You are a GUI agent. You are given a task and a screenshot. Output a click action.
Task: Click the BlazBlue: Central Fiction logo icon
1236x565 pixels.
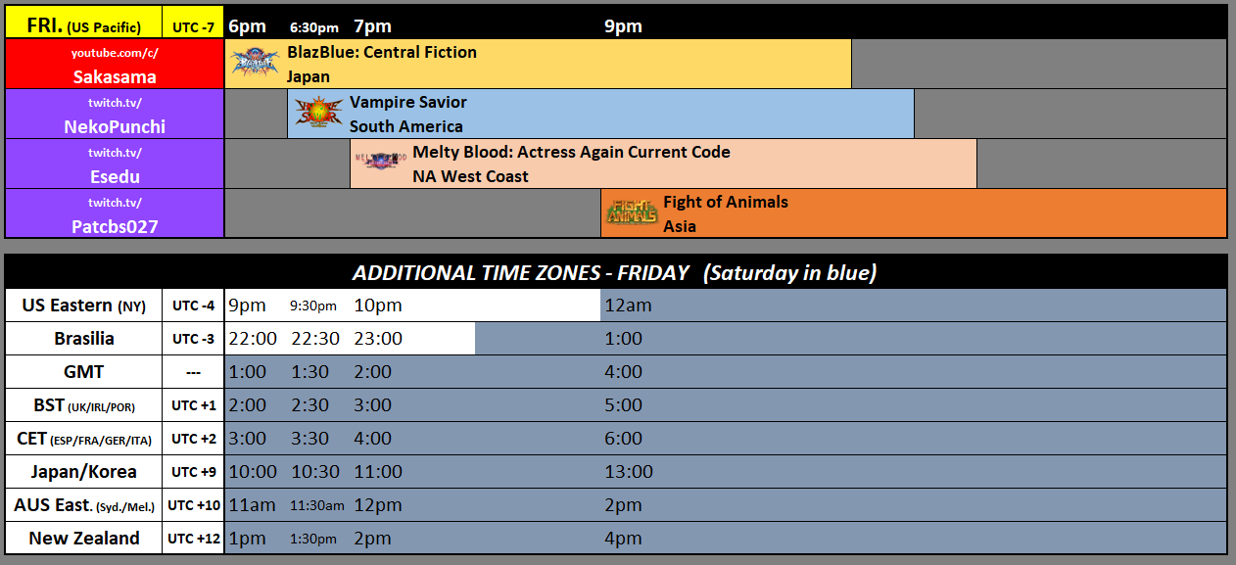click(256, 64)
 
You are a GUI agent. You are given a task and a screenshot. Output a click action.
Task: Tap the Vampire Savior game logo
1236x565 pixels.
click(319, 114)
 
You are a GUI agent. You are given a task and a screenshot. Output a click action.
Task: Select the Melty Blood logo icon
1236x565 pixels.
click(381, 163)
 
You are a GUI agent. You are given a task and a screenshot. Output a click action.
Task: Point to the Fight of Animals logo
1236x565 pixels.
click(632, 212)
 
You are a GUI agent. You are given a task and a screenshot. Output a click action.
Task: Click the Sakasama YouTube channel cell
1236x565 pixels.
click(115, 64)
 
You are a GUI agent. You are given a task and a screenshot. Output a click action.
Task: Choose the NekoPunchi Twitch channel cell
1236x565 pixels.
click(115, 114)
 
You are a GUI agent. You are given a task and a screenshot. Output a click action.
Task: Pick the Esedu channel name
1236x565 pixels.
click(115, 176)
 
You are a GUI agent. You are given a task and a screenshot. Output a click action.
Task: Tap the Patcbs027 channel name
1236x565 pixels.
click(115, 226)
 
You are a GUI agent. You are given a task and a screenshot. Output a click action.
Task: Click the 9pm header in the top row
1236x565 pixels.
click(623, 26)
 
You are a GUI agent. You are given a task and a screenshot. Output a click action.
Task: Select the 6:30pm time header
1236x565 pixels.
click(314, 27)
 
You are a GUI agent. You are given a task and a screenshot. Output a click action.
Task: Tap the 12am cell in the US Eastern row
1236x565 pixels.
click(628, 306)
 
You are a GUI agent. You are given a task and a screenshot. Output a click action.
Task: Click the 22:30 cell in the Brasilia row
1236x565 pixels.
click(314, 339)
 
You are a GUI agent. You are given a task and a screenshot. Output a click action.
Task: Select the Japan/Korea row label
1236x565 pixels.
click(83, 472)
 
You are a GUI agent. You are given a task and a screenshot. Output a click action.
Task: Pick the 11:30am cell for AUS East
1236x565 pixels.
click(317, 505)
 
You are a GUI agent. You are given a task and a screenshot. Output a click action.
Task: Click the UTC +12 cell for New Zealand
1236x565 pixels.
click(193, 539)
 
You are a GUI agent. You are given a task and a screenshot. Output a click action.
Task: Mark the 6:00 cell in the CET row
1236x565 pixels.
click(624, 439)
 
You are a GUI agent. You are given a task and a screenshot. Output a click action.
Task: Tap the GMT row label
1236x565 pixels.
click(83, 372)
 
